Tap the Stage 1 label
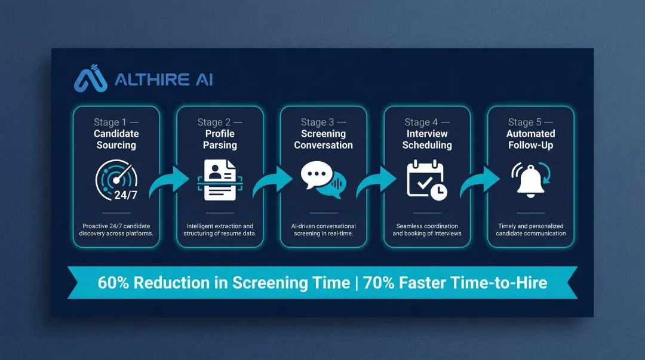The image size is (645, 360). [x=116, y=122]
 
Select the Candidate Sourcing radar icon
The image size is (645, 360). [x=116, y=179]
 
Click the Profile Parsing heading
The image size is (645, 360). [x=220, y=139]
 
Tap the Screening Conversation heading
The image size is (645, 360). [x=323, y=139]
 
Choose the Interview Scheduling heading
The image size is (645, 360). [x=427, y=139]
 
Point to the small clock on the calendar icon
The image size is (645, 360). [x=438, y=191]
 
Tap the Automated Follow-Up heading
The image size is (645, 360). [x=531, y=139]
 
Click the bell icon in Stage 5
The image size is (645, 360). [x=530, y=180]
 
